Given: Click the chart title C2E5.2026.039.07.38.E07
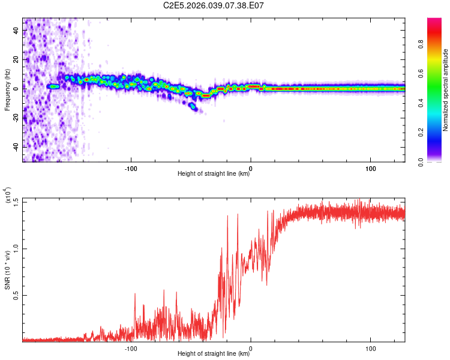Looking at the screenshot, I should pos(214,5).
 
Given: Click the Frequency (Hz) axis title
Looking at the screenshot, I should pos(7,90).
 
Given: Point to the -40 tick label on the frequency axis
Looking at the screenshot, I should pos(16,146).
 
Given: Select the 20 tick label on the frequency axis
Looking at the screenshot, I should pos(16,59).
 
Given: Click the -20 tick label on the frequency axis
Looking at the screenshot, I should pos(16,117).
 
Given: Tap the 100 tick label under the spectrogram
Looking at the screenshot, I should pos(371,168).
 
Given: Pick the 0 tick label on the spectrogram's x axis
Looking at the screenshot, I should pos(251,168).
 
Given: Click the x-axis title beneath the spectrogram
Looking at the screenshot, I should pos(214,174).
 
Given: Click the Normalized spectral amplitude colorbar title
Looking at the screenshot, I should pos(445,90).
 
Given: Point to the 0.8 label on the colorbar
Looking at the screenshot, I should pos(437,43).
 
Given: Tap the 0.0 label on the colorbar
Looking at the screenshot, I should pos(437,161).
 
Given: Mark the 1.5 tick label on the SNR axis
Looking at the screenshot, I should pos(16,202).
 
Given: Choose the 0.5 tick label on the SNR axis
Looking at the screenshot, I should pos(16,295).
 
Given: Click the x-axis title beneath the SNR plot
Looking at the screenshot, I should pos(214,354).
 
